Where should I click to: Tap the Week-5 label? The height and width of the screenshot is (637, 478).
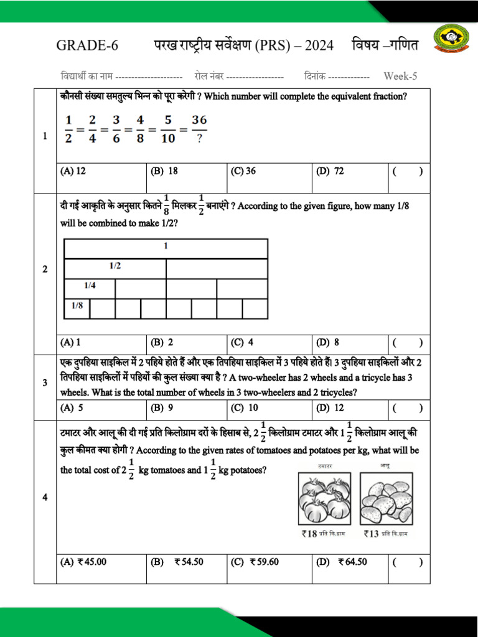pyautogui.click(x=400, y=76)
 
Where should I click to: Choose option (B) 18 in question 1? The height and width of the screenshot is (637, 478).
pyautogui.click(x=165, y=171)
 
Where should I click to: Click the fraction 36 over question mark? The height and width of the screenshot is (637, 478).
pyautogui.click(x=199, y=129)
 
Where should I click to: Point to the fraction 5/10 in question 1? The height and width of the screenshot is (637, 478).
pyautogui.click(x=167, y=129)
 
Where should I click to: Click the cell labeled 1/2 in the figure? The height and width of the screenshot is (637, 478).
pyautogui.click(x=115, y=268)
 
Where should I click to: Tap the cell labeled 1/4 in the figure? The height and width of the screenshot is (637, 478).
pyautogui.click(x=90, y=289)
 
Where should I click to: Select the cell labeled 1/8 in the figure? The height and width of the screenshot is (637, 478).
pyautogui.click(x=77, y=308)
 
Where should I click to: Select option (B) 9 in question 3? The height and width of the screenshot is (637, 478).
pyautogui.click(x=164, y=408)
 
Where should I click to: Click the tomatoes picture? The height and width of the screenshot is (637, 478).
pyautogui.click(x=324, y=498)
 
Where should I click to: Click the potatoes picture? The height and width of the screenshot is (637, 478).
pyautogui.click(x=387, y=498)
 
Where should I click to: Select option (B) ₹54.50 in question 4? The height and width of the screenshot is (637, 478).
pyautogui.click(x=177, y=562)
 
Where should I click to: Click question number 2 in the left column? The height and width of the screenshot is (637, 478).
pyautogui.click(x=45, y=269)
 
